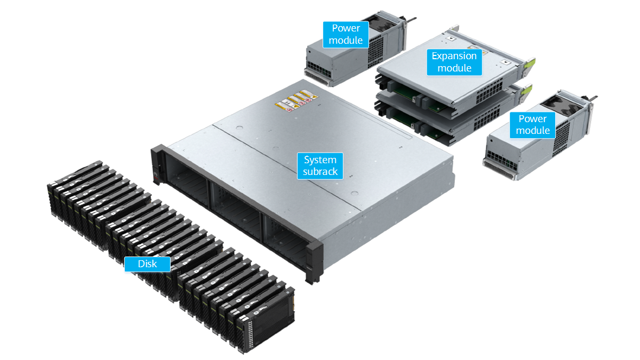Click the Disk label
147,264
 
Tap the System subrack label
320,166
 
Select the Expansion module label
454,62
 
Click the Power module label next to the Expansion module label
346,34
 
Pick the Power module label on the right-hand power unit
533,125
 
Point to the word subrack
320,172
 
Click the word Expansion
454,56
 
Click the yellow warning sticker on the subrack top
297,101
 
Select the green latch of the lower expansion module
526,91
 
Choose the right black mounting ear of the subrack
314,261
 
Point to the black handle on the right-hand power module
590,99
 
